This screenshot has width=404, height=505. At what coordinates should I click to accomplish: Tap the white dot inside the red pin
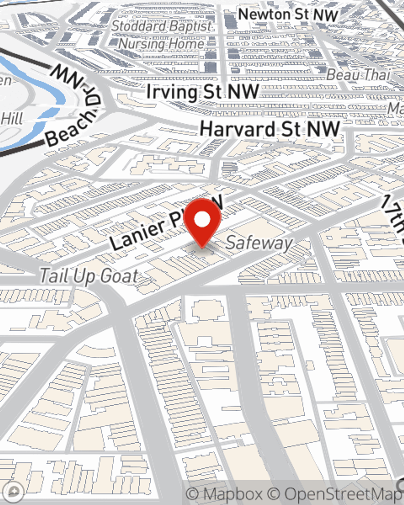pyautogui.click(x=202, y=220)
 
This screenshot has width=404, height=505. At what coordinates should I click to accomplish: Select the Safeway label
pyautogui.click(x=259, y=243)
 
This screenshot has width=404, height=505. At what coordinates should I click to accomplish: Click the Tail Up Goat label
pyautogui.click(x=88, y=276)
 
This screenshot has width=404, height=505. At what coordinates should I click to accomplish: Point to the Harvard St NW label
pyautogui.click(x=270, y=129)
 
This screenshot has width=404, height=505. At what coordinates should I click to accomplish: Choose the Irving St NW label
pyautogui.click(x=202, y=92)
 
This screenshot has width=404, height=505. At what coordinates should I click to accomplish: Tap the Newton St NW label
pyautogui.click(x=288, y=15)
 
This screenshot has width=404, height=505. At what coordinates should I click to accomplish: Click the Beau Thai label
pyautogui.click(x=358, y=75)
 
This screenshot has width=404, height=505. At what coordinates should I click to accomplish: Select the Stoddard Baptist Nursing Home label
pyautogui.click(x=162, y=35)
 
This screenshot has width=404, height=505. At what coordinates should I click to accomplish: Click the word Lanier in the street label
pyautogui.click(x=137, y=234)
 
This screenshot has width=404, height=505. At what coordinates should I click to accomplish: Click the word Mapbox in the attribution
pyautogui.click(x=232, y=494)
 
